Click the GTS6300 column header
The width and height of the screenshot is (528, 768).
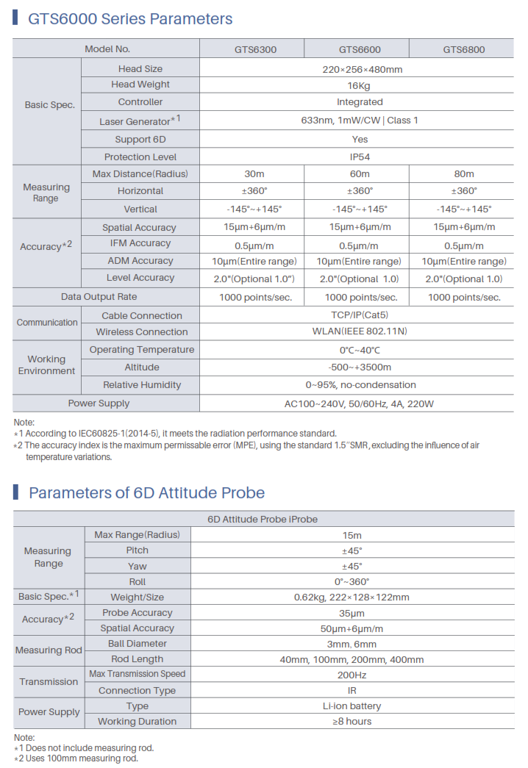256,50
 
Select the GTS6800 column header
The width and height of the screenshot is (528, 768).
463,50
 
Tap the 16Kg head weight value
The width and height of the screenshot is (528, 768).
359,85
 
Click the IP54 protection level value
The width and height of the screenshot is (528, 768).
359,157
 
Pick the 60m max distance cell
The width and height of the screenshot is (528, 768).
359,174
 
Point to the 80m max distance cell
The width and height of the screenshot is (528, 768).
463,174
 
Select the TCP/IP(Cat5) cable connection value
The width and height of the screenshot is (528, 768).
359,315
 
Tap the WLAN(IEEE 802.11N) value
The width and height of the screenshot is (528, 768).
359,331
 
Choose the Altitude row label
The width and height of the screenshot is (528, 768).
141,367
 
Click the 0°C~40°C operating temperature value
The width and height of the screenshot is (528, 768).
359,351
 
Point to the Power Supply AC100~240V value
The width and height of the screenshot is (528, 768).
359,403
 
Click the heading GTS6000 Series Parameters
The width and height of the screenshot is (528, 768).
130,19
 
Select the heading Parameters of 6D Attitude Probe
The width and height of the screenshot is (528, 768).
146,492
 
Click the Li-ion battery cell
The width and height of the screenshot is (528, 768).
352,706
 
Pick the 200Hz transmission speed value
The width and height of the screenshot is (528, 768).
352,675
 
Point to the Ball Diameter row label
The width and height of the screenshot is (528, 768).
137,644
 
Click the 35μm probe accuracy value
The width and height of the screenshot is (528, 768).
352,613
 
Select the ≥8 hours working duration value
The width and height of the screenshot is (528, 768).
352,722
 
